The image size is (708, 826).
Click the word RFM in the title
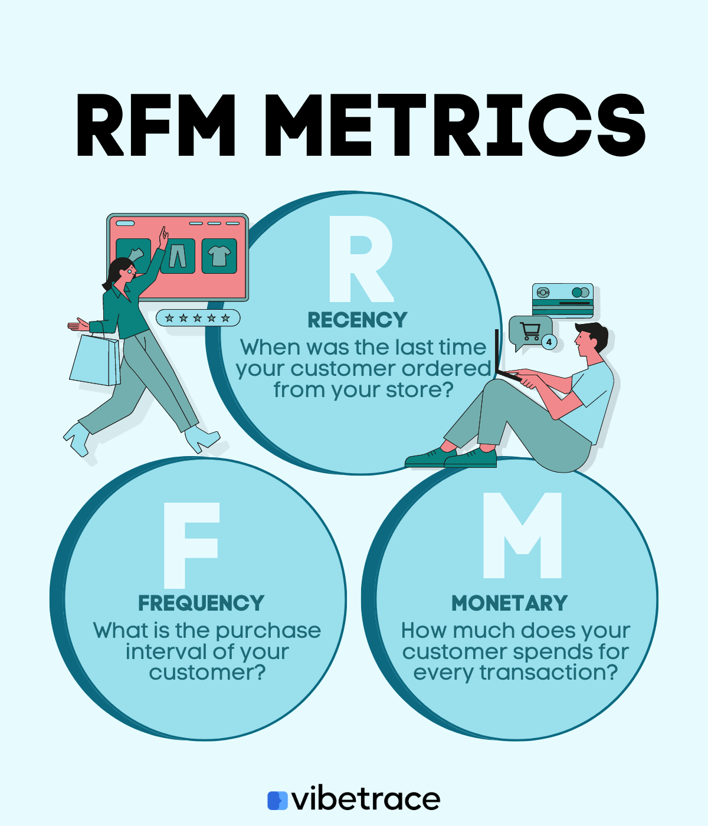tap(156, 126)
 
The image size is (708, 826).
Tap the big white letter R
tap(360, 260)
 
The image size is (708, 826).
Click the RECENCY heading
tap(358, 320)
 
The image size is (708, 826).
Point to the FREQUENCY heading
tap(201, 604)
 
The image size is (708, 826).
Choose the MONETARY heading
tap(509, 604)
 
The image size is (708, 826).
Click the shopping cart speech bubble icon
tap(529, 332)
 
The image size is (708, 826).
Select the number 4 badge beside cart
tap(549, 342)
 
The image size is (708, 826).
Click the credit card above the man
tap(562, 300)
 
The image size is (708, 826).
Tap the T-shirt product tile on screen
tap(219, 256)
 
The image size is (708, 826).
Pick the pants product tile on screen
tap(178, 256)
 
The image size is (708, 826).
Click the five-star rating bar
tap(198, 318)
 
